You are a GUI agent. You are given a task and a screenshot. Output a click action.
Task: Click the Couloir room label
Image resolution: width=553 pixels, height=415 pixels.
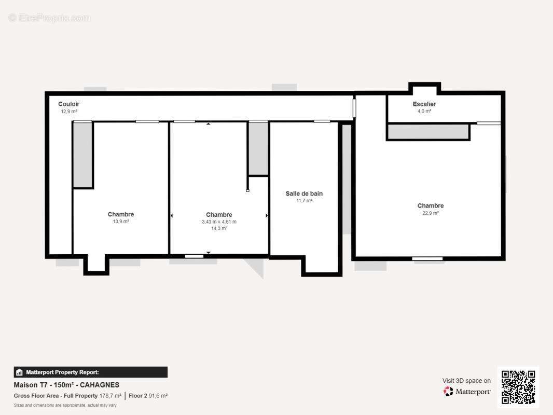(69, 104)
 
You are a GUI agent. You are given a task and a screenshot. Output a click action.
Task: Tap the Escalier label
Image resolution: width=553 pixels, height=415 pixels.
(424, 104)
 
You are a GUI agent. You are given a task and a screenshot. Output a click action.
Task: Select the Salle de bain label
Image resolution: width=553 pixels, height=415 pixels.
(304, 193)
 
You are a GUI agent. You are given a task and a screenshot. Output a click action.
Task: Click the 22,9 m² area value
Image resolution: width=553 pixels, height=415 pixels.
(431, 213)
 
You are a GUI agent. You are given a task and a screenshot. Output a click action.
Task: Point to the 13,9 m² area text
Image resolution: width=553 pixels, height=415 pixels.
(121, 222)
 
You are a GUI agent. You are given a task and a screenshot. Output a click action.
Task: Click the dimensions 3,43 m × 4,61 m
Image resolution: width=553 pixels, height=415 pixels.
(219, 222)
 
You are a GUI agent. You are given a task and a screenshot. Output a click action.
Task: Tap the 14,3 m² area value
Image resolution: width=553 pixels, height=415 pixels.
(219, 228)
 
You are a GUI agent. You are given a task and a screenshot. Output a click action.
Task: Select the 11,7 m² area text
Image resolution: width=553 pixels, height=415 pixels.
(304, 201)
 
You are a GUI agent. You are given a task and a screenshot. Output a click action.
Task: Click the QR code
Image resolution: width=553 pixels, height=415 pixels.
(518, 387)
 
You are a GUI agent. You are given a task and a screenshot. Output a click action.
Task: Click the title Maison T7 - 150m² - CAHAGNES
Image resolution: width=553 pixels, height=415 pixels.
(66, 385)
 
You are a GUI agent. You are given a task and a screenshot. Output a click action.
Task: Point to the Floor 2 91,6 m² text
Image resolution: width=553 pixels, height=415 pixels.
(148, 396)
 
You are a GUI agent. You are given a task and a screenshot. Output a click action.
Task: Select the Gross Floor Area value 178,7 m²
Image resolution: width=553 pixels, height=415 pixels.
(110, 396)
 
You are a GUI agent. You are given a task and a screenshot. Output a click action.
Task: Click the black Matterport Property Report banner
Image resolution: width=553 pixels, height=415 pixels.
(91, 372)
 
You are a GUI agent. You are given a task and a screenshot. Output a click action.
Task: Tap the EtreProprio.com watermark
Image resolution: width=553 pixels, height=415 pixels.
(50, 18)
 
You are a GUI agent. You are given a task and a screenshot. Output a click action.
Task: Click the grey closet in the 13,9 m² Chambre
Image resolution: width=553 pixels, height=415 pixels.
(82, 155)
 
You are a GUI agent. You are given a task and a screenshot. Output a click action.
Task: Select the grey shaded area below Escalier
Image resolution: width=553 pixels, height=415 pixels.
(428, 132)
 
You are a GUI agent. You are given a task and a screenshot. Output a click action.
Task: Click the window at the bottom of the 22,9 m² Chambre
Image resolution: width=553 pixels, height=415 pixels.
(427, 259)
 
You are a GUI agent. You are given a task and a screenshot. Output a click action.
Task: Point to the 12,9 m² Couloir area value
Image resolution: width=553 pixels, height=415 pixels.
(69, 112)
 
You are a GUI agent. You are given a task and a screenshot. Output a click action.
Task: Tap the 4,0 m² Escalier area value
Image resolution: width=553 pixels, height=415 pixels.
(424, 111)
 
